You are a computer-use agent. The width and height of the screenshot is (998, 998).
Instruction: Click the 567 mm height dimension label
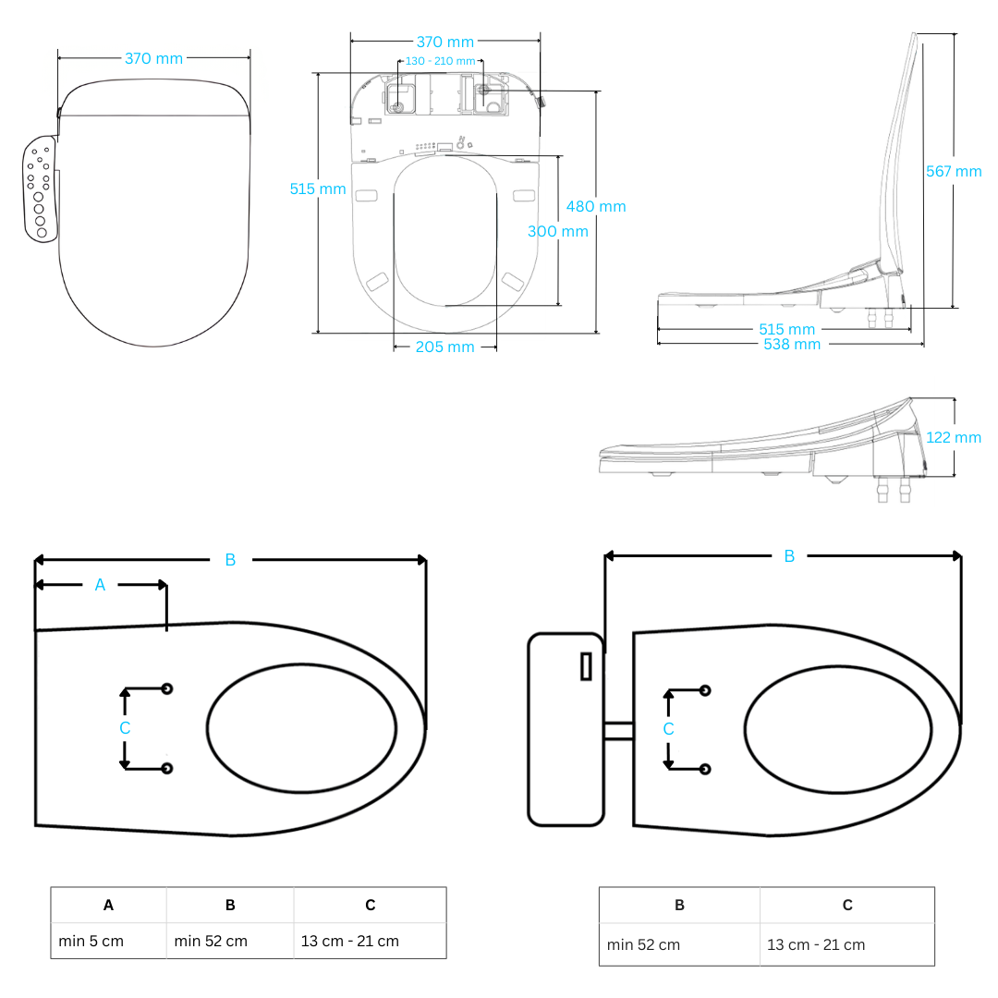pos(954,171)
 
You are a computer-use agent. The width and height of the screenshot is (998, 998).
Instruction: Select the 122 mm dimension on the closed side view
pos(954,437)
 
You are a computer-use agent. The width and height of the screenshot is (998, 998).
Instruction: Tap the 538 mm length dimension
pos(791,344)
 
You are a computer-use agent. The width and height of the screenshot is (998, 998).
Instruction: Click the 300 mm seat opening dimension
pos(557,231)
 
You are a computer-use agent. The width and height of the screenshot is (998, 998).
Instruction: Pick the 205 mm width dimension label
pos(444,347)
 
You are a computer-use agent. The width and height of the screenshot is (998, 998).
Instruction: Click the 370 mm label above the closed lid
pos(153,58)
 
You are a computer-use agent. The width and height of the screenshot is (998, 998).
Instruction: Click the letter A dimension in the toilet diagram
pos(101,585)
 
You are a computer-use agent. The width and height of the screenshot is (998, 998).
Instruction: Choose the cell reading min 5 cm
pos(91,941)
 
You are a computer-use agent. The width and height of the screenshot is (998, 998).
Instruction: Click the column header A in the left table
pos(108,905)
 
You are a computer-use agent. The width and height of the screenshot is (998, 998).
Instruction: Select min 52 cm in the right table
pos(643,944)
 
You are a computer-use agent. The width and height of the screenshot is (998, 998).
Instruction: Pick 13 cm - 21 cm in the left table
pos(349,941)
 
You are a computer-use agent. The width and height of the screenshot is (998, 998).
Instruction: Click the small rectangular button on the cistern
pos(586,666)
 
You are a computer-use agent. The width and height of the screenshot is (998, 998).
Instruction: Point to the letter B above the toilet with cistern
pos(789,556)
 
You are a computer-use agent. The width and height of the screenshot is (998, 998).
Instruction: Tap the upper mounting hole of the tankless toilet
pos(167,688)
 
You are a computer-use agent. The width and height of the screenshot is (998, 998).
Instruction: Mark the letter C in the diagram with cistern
pos(668,729)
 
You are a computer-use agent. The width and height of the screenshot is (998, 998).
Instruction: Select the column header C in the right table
pos(846,905)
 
